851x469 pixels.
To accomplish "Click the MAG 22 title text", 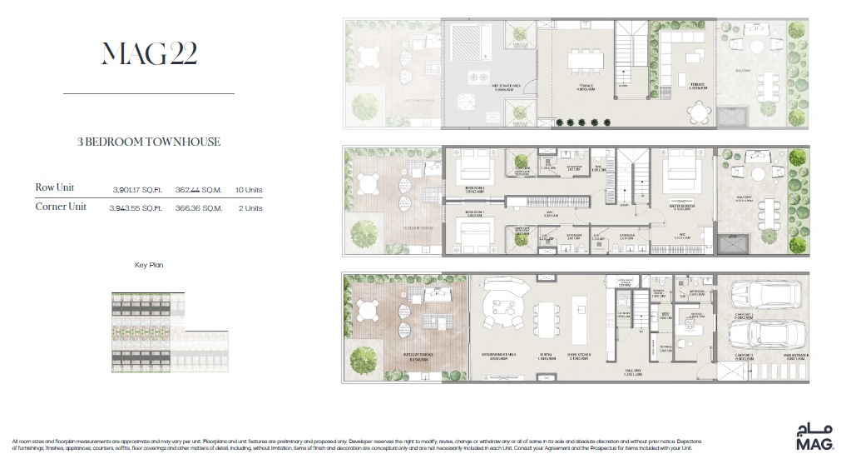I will coord(149,55).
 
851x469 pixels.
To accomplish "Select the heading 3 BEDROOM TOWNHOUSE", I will coord(149,142).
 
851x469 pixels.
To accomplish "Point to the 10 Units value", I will coord(249,188).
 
